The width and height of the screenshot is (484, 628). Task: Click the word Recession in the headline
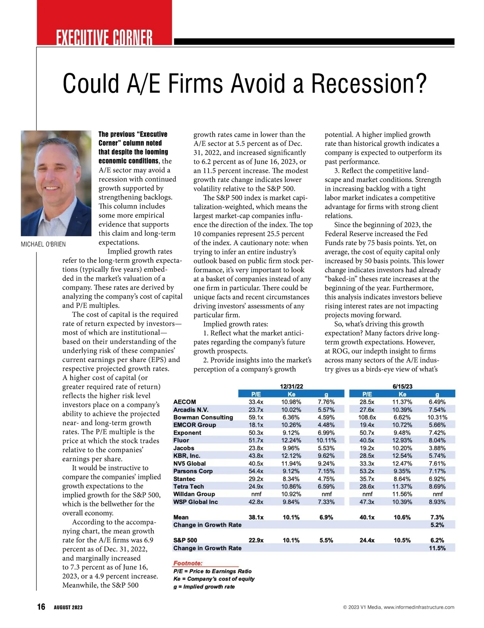click(x=368, y=83)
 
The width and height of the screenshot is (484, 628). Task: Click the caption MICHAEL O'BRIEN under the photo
click(x=43, y=244)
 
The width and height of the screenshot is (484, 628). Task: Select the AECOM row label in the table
click(x=184, y=402)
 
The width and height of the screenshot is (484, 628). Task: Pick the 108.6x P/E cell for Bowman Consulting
click(x=367, y=417)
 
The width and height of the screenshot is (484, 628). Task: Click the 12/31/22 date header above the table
click(x=291, y=386)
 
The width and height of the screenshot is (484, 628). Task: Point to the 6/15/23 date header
click(x=402, y=386)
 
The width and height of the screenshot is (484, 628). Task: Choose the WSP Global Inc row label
click(x=195, y=502)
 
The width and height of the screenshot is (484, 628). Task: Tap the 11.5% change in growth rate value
click(x=437, y=548)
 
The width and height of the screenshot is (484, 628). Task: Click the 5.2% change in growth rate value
click(x=437, y=525)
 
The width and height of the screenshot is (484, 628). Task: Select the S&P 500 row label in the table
click(x=185, y=540)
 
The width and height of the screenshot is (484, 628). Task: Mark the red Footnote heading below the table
click(x=188, y=563)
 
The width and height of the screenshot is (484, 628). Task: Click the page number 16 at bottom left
click(x=41, y=607)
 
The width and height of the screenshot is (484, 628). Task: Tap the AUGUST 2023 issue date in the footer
click(x=68, y=607)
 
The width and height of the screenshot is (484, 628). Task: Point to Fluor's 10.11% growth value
click(x=326, y=440)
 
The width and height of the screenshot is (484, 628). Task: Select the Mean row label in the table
click(x=181, y=517)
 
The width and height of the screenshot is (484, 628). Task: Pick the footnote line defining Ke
click(x=214, y=579)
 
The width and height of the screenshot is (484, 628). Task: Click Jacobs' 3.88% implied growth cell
click(x=437, y=448)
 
